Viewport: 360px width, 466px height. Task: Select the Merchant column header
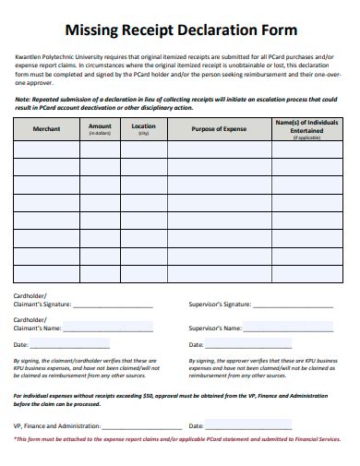46,129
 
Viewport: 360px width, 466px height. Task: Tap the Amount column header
100,128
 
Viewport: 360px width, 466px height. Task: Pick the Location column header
143,128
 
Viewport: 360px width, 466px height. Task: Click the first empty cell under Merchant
46,149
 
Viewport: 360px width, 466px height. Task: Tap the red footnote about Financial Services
180,439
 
